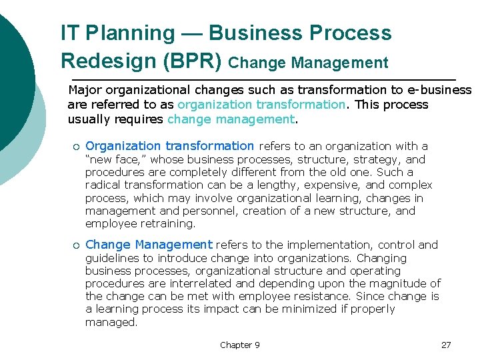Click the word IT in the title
[x=69, y=33]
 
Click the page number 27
[x=446, y=345]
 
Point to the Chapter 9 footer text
[x=240, y=345]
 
